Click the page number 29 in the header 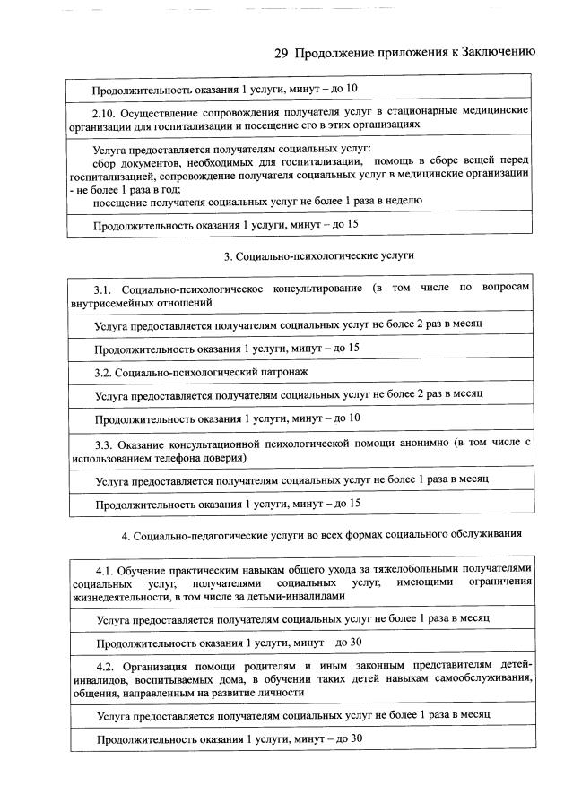click(x=280, y=52)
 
